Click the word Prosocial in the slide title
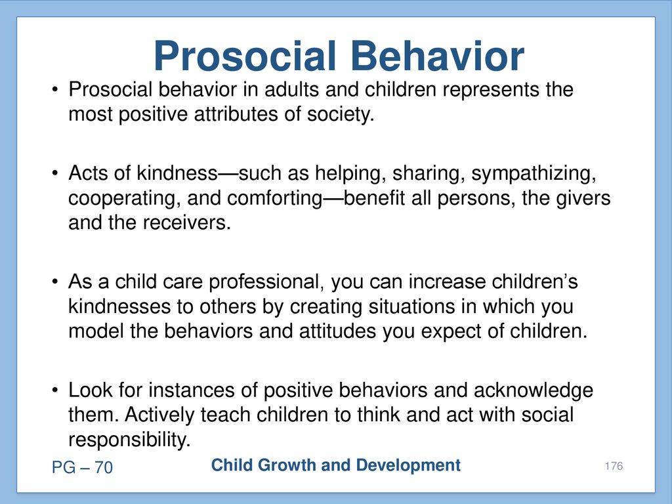click(245, 56)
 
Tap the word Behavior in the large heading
click(437, 56)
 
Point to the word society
click(341, 115)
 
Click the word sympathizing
click(534, 173)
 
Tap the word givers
click(583, 198)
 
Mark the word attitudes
click(337, 331)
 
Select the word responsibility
click(129, 440)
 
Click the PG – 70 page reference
click(82, 467)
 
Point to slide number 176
click(614, 466)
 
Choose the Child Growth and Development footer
click(336, 465)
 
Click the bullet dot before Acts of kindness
click(54, 173)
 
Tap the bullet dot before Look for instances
click(54, 391)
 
